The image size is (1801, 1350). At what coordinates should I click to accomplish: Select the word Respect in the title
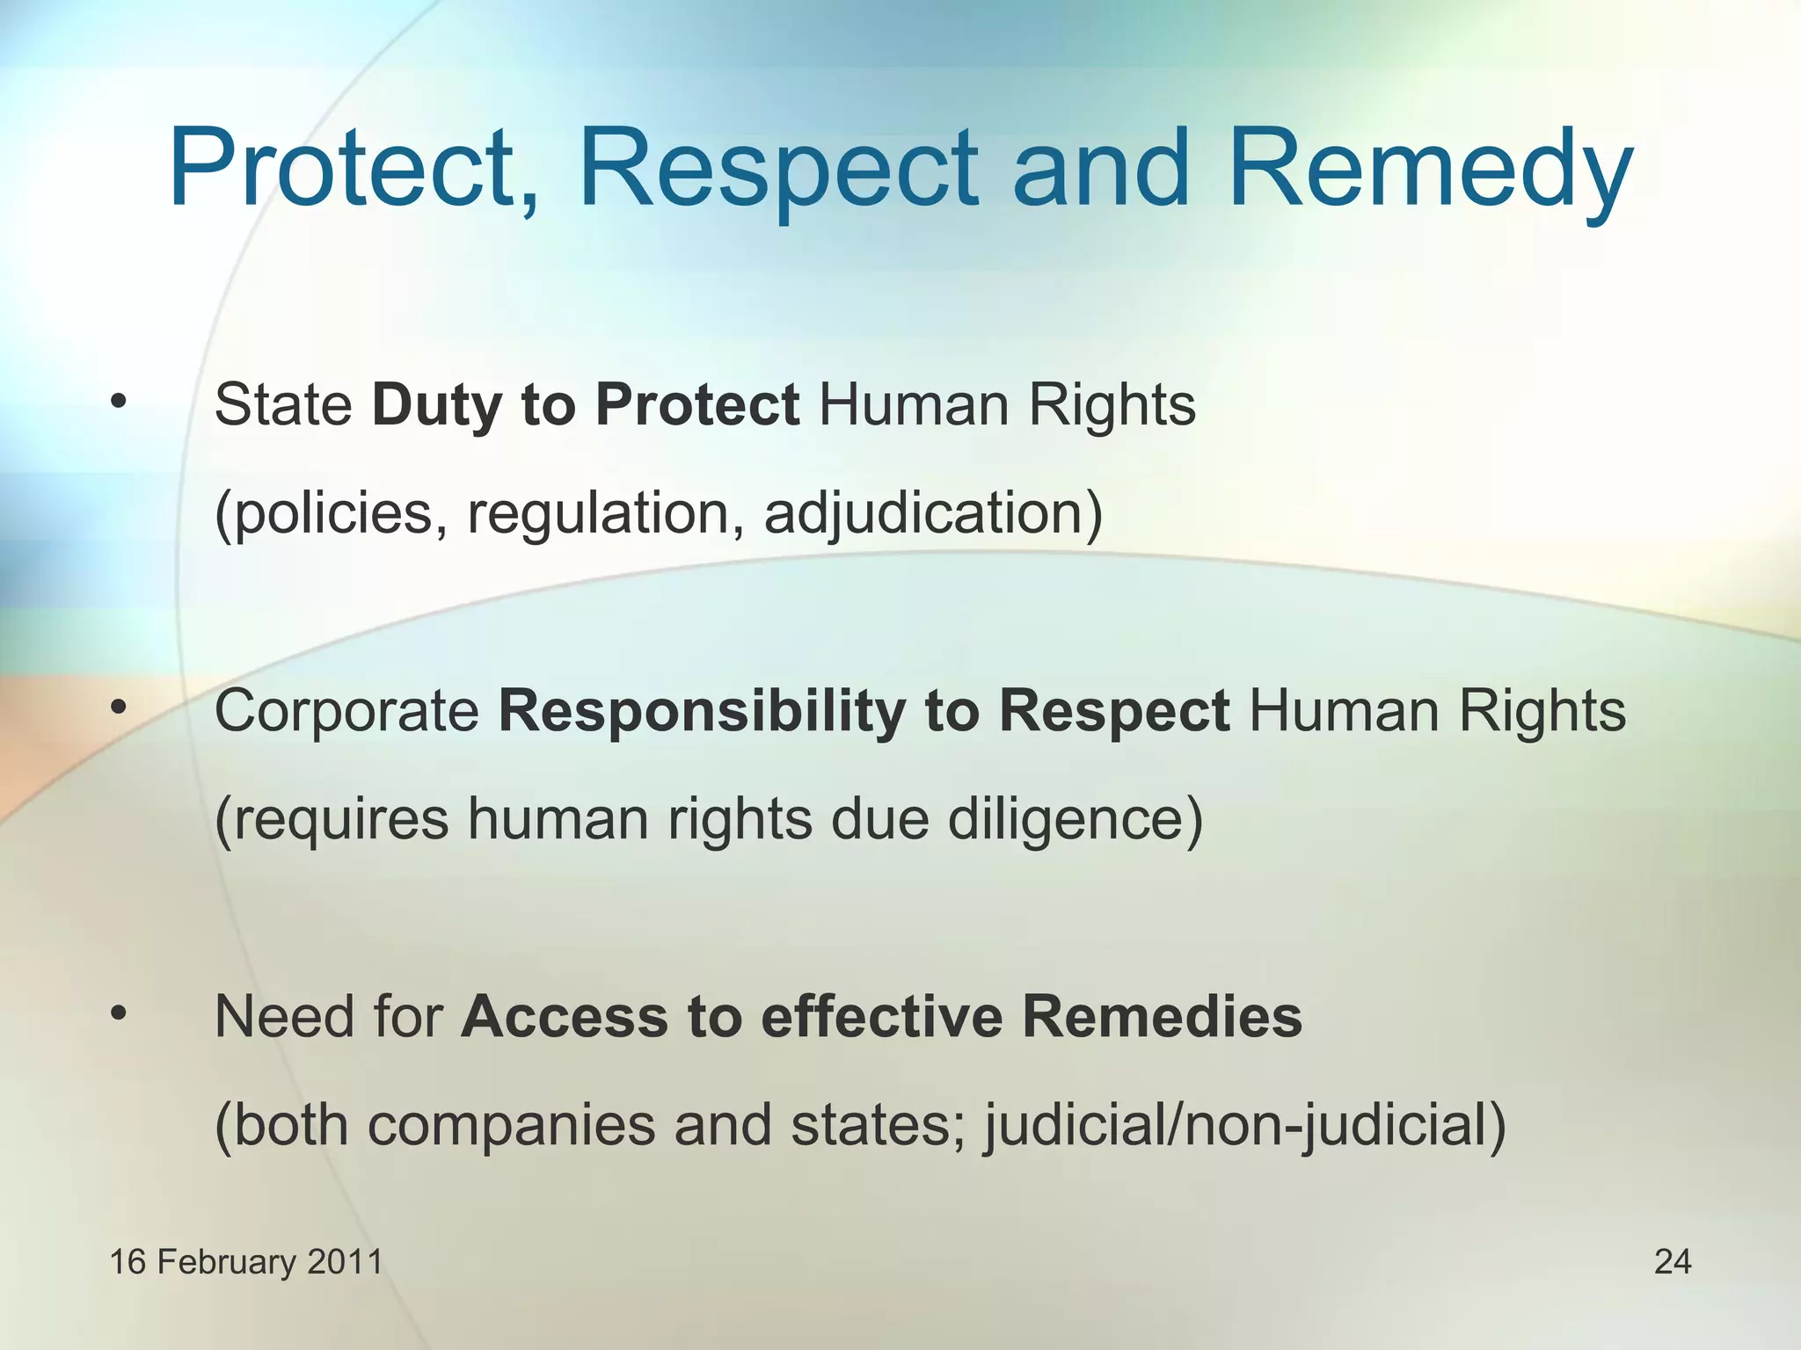tap(777, 169)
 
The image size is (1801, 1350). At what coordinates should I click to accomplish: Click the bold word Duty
tap(436, 406)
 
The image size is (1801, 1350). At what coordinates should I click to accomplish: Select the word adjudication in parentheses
tap(931, 513)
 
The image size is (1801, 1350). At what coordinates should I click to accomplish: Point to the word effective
tap(881, 1017)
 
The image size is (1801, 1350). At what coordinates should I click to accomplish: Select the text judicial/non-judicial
tap(1244, 1125)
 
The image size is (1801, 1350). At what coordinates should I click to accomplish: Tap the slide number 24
tap(1672, 1262)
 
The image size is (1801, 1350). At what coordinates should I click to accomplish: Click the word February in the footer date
tap(227, 1262)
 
